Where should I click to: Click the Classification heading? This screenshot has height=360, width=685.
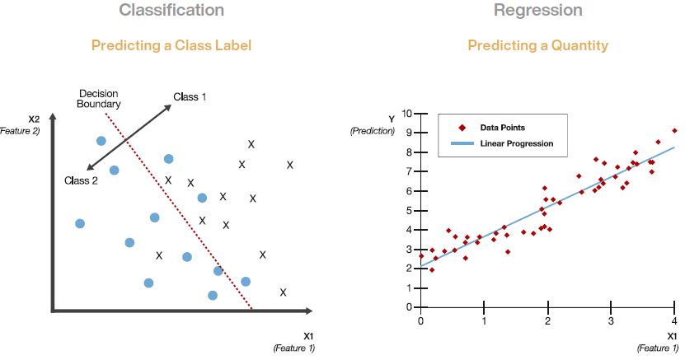[x=171, y=11]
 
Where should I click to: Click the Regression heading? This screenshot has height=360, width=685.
[x=537, y=11]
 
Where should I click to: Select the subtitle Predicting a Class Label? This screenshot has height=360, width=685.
[x=171, y=45]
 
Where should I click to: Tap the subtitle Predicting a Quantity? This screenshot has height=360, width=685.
[x=537, y=45]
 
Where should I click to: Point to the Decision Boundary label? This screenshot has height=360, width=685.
[x=99, y=99]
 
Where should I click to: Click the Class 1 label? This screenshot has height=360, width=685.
[x=190, y=97]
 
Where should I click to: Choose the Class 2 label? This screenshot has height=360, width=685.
[x=81, y=180]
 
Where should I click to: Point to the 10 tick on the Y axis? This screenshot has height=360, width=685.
[x=408, y=113]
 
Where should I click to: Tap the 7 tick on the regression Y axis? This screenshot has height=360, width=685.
[x=410, y=171]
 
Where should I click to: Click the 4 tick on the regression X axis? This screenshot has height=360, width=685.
[x=673, y=320]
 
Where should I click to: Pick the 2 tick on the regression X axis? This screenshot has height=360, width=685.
[x=547, y=320]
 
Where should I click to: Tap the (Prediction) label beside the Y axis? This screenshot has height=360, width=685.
[x=372, y=131]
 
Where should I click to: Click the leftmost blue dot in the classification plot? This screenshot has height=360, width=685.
[x=80, y=223]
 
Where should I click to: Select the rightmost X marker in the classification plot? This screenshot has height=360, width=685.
[x=290, y=165]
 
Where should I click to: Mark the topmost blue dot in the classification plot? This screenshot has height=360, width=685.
[x=101, y=141]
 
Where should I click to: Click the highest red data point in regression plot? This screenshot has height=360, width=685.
[x=674, y=130]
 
